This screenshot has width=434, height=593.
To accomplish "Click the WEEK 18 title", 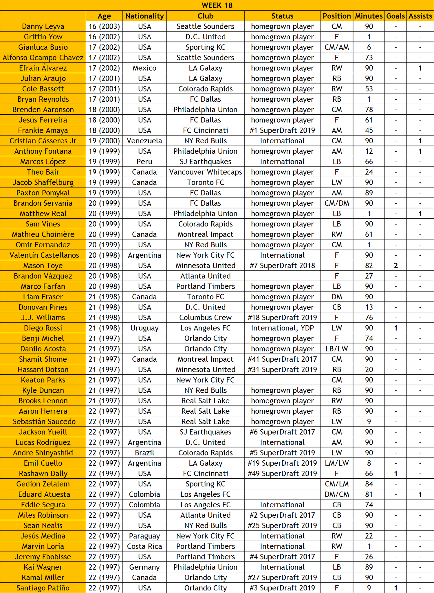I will (217, 6).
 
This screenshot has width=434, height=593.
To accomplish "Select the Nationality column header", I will (144, 16).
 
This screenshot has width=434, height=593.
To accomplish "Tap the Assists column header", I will (420, 16).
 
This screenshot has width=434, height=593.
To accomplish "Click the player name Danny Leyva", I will (43, 27).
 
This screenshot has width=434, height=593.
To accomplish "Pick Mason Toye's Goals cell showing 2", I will (395, 266).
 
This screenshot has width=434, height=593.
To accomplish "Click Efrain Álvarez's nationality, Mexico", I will (144, 68).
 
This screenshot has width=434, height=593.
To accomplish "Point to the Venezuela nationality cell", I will (144, 141).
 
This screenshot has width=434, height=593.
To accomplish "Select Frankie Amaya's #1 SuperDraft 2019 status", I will (282, 131).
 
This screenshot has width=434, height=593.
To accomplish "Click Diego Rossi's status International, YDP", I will (282, 328).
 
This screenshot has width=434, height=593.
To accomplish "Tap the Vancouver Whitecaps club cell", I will (205, 172).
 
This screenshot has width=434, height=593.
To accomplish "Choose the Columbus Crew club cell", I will (205, 318).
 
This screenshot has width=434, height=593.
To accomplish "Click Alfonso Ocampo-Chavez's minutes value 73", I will (369, 58).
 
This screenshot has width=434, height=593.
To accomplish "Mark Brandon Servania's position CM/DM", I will (337, 203).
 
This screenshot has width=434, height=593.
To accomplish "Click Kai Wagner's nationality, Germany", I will (144, 567).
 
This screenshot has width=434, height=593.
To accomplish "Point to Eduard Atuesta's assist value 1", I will (420, 495).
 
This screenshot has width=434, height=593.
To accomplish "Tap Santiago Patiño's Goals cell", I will (395, 588).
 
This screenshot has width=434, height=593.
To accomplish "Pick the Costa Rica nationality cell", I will (144, 546).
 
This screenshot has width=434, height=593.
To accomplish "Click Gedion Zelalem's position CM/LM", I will (337, 484).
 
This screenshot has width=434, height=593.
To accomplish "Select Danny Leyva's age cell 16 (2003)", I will (104, 27).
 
